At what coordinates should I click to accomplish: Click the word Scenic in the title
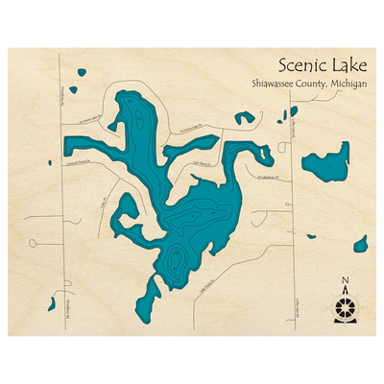point(296,66)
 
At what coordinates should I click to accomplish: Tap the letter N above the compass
point(346,280)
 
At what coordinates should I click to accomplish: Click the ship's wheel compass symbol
point(346,307)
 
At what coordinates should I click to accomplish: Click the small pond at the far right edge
point(360,244)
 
